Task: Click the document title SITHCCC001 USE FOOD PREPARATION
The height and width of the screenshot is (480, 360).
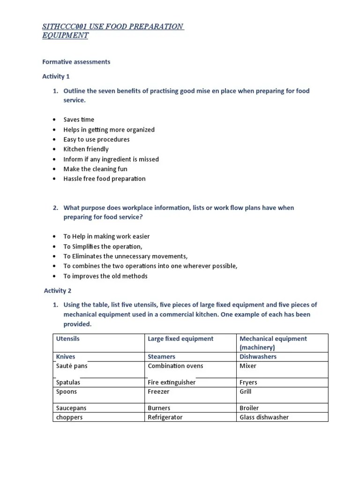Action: pyautogui.click(x=112, y=26)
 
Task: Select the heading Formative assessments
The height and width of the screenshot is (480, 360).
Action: pyautogui.click(x=76, y=62)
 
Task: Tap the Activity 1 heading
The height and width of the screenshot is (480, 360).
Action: pyautogui.click(x=56, y=76)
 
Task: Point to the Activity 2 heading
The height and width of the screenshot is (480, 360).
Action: pyautogui.click(x=58, y=291)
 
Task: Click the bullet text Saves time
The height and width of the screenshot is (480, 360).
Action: pyautogui.click(x=79, y=120)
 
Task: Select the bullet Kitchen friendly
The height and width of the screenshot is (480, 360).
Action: pyautogui.click(x=86, y=149)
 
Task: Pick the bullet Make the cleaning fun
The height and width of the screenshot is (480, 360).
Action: pyautogui.click(x=95, y=169)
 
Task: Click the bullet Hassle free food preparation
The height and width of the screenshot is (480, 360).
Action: pyautogui.click(x=105, y=179)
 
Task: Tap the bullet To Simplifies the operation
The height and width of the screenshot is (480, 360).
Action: pyautogui.click(x=103, y=247)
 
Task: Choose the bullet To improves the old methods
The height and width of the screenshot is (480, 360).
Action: pyautogui.click(x=105, y=276)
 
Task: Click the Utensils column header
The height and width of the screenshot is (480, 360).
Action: pyautogui.click(x=67, y=338)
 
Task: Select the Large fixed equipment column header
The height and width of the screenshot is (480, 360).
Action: pyautogui.click(x=180, y=338)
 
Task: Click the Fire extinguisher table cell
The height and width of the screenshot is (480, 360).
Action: pyautogui.click(x=172, y=382)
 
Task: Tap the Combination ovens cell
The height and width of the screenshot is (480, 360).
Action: pyautogui.click(x=175, y=366)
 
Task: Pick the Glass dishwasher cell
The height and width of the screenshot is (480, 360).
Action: pyautogui.click(x=264, y=417)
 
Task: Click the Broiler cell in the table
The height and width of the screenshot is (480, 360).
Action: pyautogui.click(x=249, y=408)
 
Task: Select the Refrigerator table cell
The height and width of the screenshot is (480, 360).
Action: pyautogui.click(x=165, y=417)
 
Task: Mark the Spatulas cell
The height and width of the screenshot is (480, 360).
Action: pyautogui.click(x=68, y=382)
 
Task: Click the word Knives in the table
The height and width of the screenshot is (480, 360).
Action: pyautogui.click(x=66, y=357)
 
